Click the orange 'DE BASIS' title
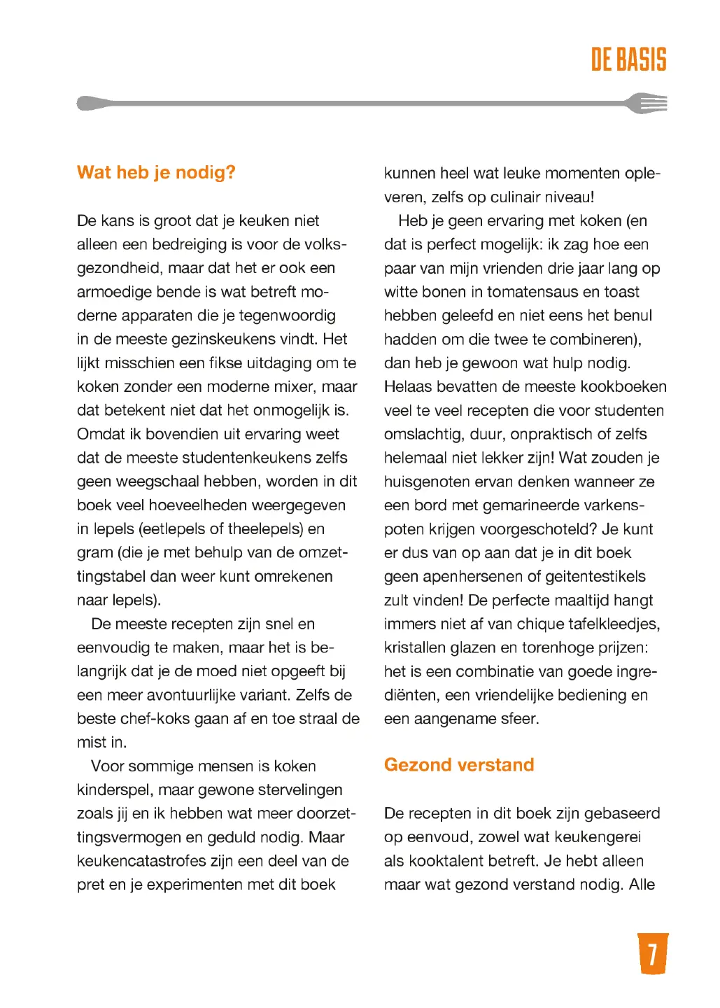(628, 60)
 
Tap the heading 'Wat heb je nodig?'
(156, 172)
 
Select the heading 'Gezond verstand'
(458, 765)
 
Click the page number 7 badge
(653, 953)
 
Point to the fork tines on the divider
(650, 104)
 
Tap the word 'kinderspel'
(115, 790)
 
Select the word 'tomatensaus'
(537, 292)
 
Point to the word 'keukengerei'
(596, 838)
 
